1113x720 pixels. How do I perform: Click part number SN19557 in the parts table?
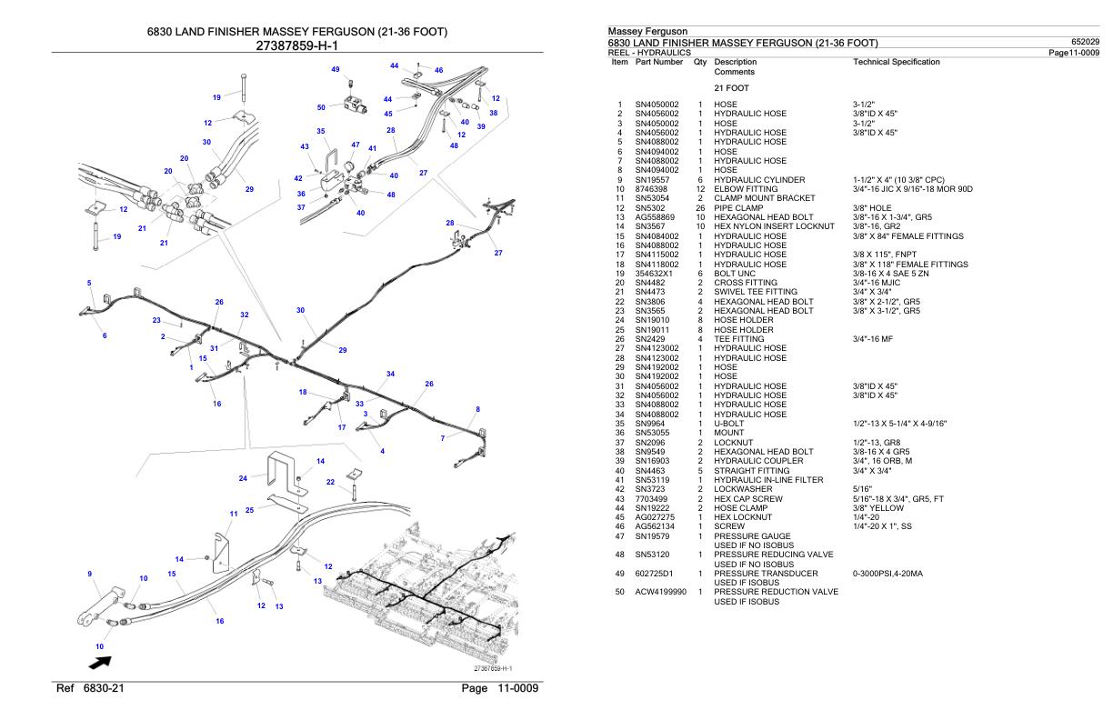652,180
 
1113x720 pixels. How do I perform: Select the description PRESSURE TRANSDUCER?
766,574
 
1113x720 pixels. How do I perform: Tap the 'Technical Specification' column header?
897,62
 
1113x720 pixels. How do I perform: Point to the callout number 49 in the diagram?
336,70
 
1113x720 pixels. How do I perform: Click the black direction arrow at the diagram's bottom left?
100,663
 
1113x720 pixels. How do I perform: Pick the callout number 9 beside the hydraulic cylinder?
89,574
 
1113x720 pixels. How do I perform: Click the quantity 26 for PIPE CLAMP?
700,208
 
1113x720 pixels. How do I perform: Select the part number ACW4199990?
661,592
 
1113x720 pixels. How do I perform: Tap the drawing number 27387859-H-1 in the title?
296,46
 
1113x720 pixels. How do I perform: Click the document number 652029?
1085,42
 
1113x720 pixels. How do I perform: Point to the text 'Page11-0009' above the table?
1074,53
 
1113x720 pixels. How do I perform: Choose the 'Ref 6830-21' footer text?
90,688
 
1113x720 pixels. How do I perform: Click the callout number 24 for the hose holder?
243,478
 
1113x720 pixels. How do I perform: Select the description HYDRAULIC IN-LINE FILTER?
768,480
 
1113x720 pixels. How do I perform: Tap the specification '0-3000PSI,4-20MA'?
887,574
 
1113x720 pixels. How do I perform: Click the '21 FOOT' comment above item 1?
731,88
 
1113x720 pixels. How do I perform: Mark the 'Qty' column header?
700,62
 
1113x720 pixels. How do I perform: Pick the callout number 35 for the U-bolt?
321,131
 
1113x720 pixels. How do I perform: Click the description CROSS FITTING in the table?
746,283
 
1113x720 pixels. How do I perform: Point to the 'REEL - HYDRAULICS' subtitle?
649,53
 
